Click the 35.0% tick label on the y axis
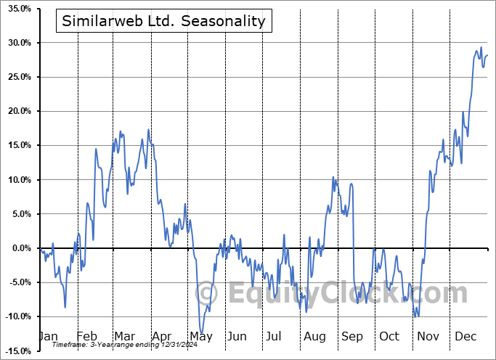20,9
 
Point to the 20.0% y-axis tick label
20,111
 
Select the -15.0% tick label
18,351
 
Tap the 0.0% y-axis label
22,248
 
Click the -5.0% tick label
20,282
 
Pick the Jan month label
49,336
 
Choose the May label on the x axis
201,337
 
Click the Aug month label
314,337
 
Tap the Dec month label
465,336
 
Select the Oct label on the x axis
389,336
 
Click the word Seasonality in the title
223,21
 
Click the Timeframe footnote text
125,345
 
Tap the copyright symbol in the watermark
206,293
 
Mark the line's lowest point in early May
201,332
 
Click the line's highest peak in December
481,47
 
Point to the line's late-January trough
65,307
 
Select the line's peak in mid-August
333,177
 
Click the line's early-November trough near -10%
415,316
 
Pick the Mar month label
125,336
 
